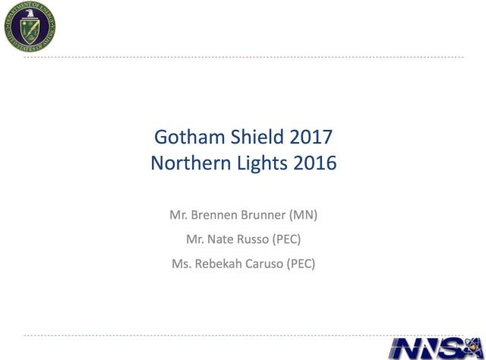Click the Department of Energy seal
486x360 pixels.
30,27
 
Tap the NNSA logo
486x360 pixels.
437,348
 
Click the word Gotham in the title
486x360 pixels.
189,137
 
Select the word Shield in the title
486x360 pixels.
257,137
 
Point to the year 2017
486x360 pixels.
311,137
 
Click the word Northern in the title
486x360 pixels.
191,163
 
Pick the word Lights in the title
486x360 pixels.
262,164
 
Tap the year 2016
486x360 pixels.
315,163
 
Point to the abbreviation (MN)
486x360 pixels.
303,215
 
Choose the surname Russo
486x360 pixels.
253,239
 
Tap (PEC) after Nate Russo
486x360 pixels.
287,239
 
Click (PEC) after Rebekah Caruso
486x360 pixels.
301,264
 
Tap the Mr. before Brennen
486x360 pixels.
178,215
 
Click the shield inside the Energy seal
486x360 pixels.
30,30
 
